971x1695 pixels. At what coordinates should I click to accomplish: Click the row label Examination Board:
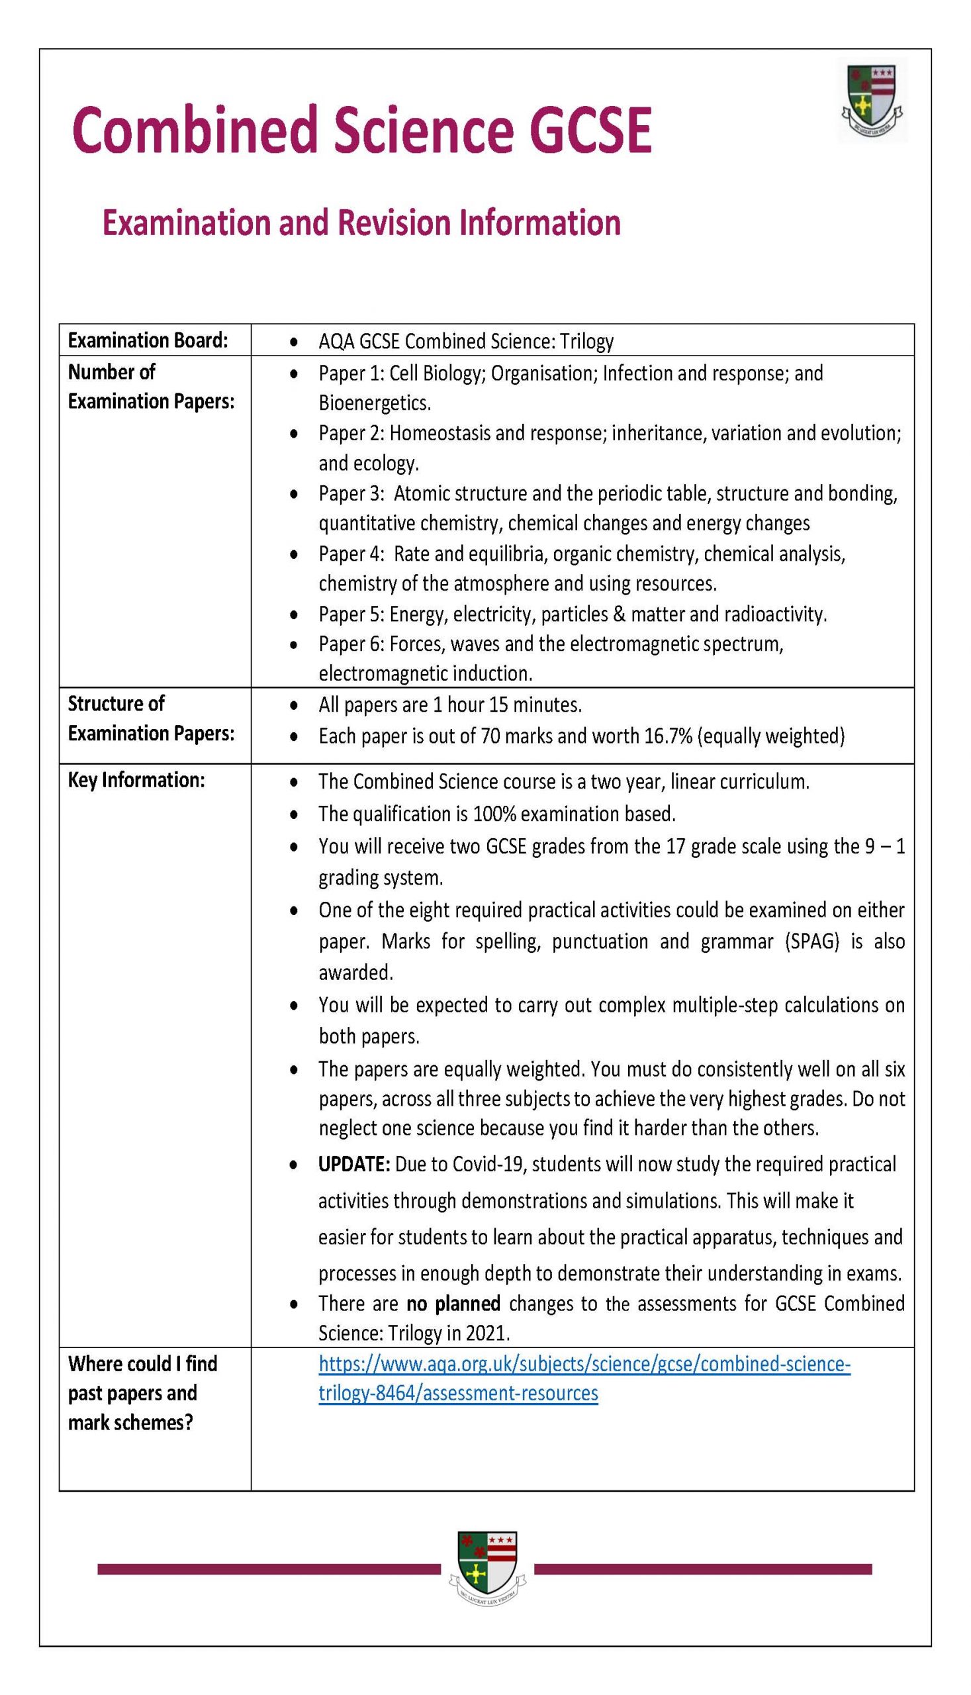[x=148, y=340]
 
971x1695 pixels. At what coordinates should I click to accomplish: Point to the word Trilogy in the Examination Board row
[x=586, y=342]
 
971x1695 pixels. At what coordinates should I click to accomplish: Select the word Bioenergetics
[x=374, y=403]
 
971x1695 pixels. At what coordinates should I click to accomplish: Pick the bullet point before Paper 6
[x=293, y=645]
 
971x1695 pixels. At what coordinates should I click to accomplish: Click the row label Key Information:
[x=136, y=781]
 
